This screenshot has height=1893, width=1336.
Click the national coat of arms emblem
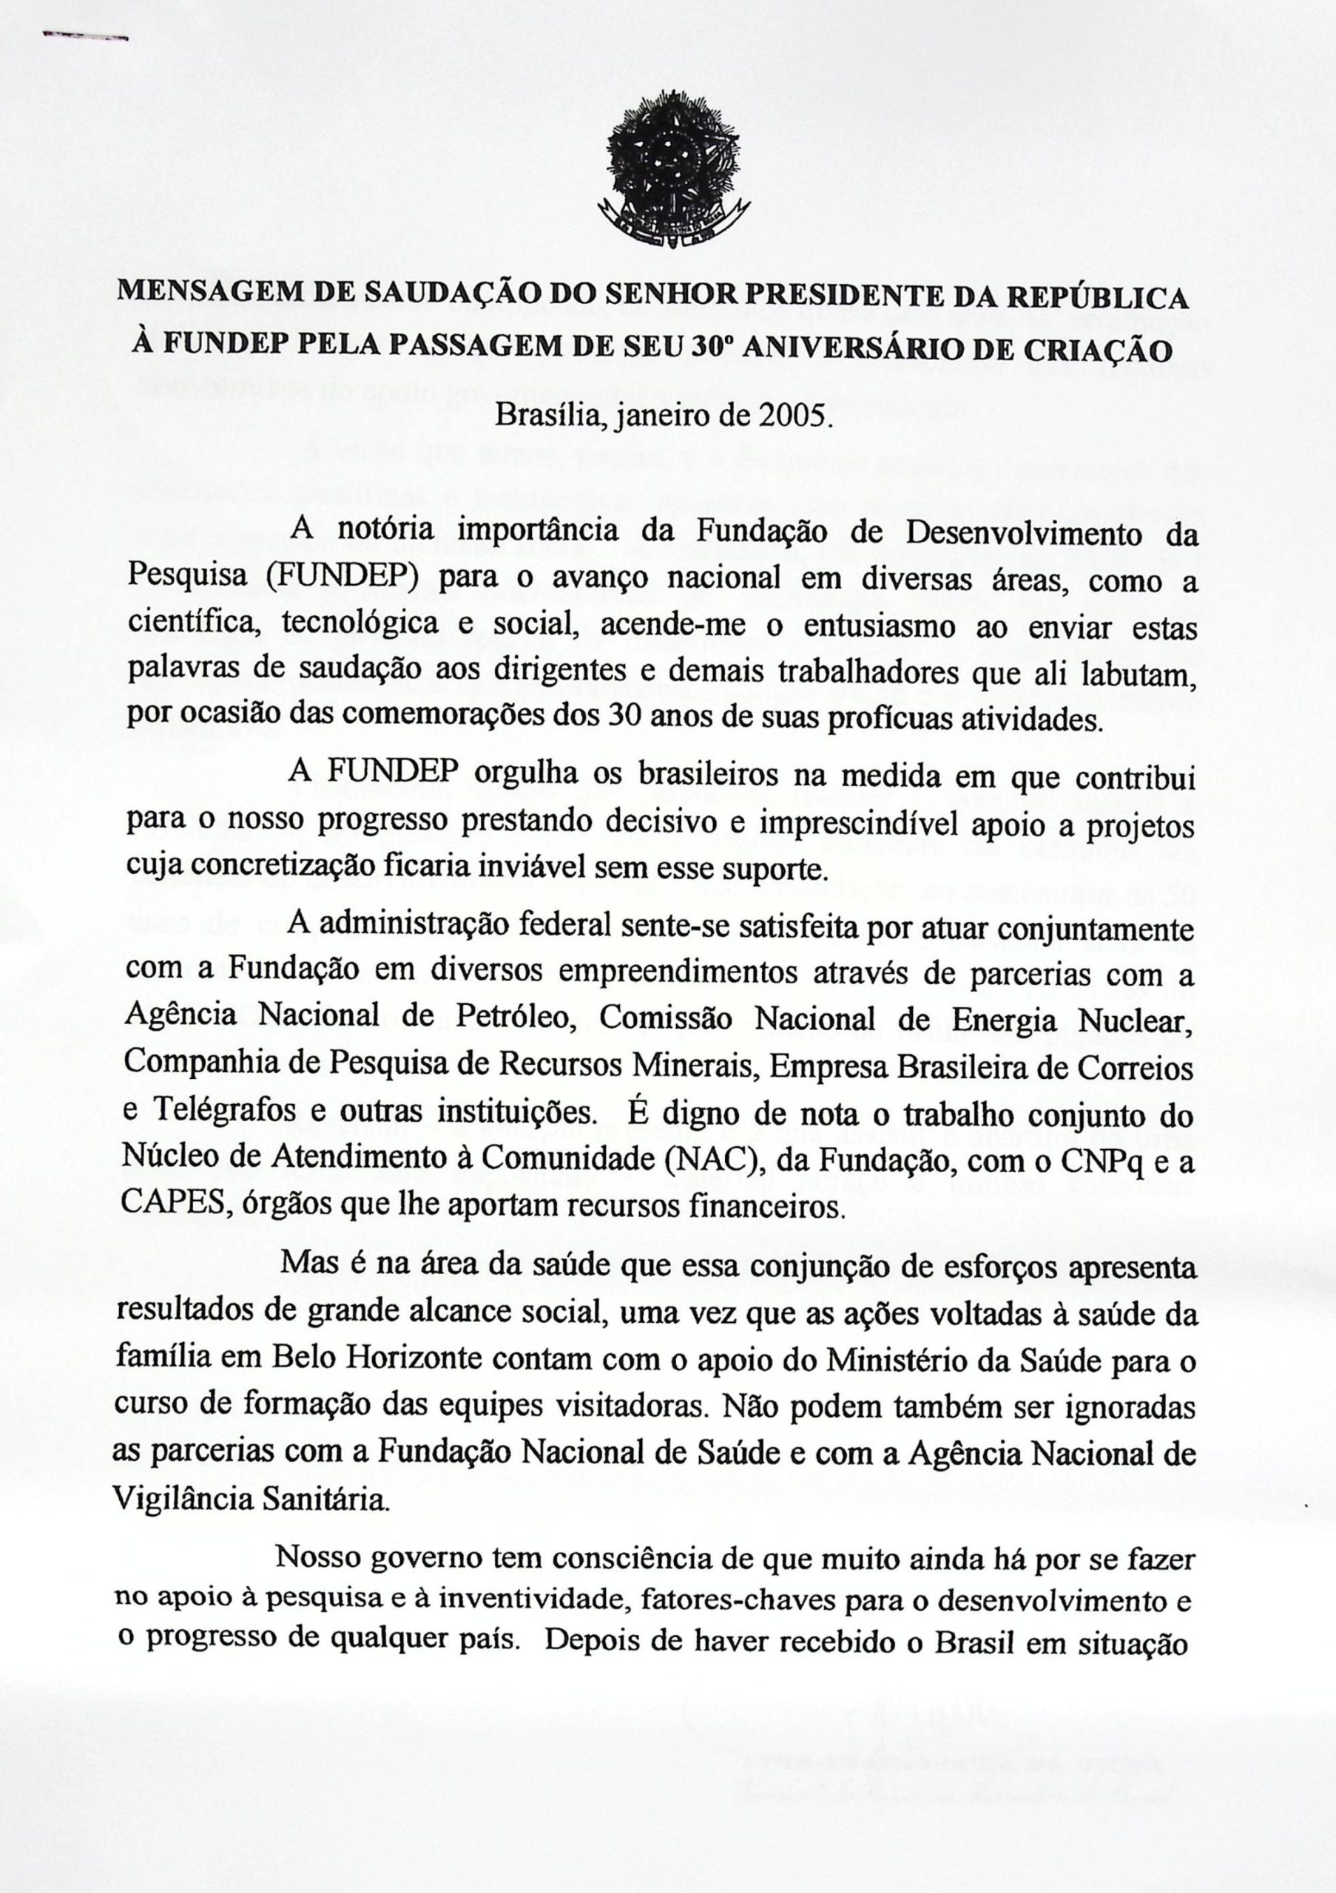tap(675, 174)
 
